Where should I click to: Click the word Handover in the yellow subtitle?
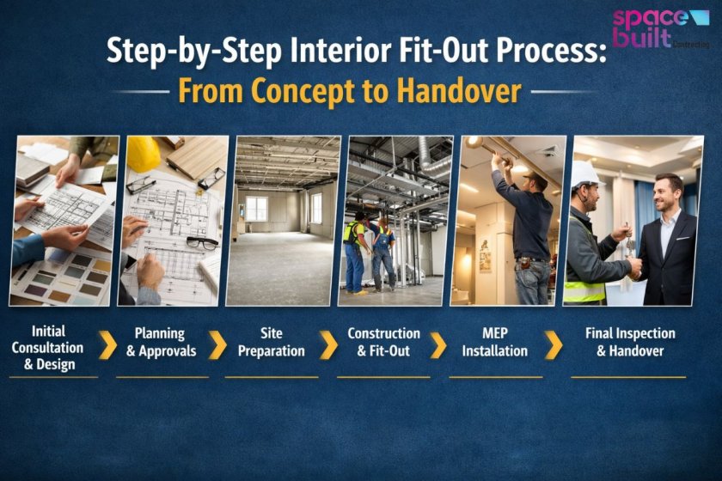[x=466, y=90]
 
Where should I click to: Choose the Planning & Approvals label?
[x=165, y=342]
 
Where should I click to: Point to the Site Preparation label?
[x=271, y=342]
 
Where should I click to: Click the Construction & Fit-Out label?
[x=383, y=342]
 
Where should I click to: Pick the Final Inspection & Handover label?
[x=629, y=342]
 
